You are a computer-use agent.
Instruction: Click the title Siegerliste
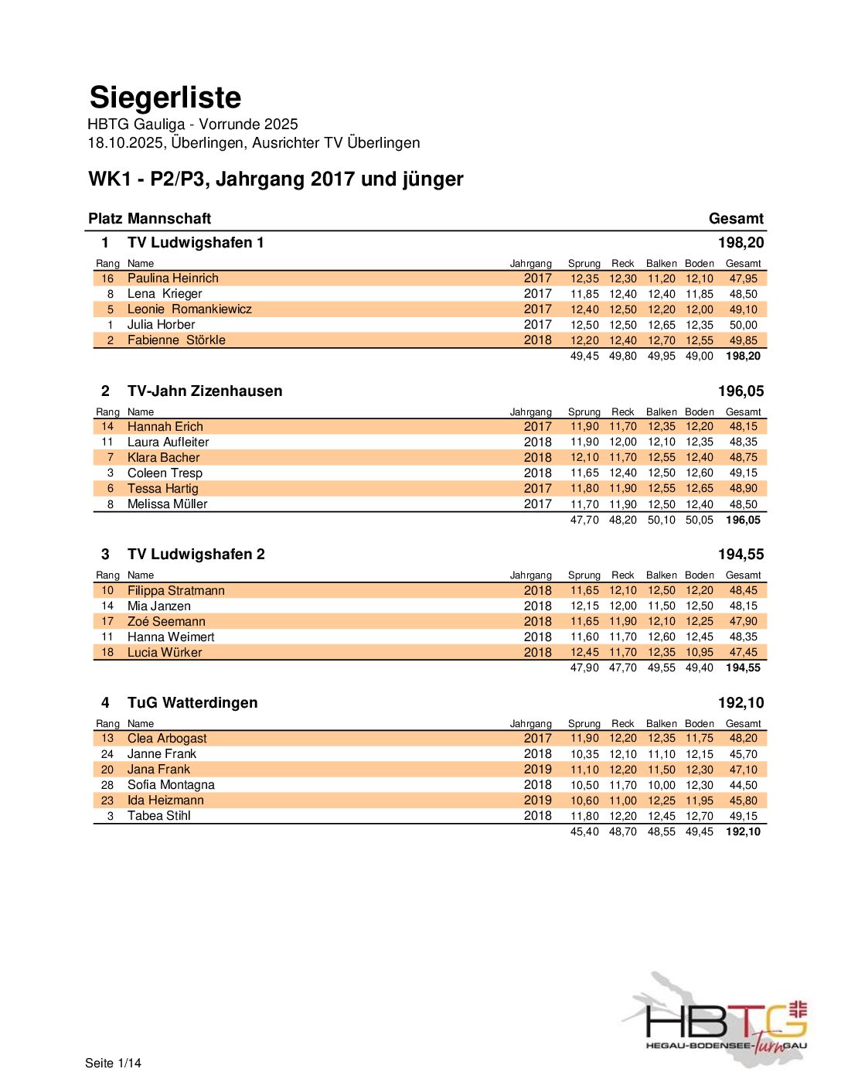(165, 97)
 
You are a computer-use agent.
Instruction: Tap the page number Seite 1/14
(113, 1063)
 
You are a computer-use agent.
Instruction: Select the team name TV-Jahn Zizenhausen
(205, 391)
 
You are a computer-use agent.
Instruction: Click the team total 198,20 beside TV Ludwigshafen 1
(740, 242)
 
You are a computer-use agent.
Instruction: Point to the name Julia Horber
(161, 325)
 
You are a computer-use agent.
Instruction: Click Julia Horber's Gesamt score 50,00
(743, 325)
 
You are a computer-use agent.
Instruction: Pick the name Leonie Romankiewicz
(189, 309)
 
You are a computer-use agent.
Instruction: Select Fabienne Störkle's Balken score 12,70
(661, 340)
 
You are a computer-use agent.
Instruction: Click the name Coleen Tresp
(165, 473)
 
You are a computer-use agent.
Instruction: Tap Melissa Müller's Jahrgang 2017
(537, 504)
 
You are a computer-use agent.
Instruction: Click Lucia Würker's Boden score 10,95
(699, 652)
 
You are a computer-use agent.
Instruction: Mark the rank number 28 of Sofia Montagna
(107, 784)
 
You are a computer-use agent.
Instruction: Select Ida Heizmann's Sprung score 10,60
(584, 801)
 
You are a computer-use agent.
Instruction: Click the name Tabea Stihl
(158, 816)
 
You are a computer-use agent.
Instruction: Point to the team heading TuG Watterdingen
(192, 702)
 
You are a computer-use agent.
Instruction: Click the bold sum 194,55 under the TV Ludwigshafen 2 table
(742, 667)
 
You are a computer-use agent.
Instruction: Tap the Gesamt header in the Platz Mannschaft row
(736, 218)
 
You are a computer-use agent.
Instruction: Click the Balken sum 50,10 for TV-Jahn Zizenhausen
(661, 520)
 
